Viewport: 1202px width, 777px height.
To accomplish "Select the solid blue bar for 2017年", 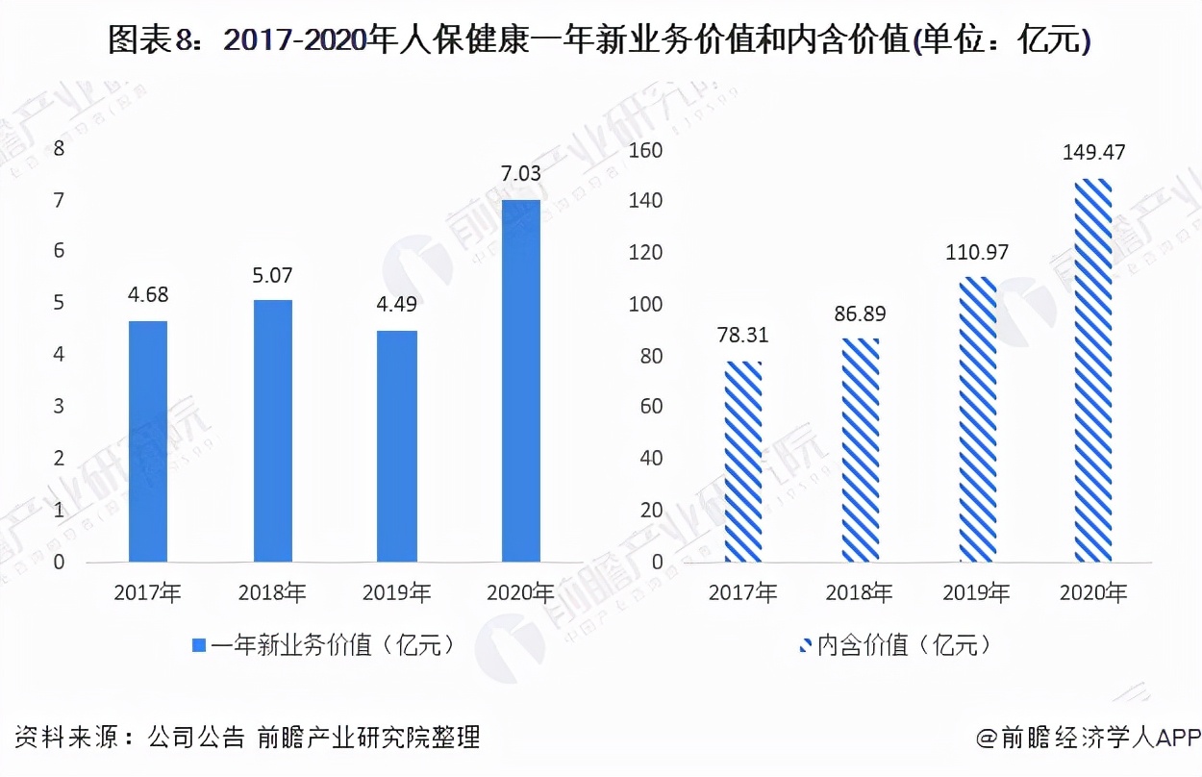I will pyautogui.click(x=147, y=441).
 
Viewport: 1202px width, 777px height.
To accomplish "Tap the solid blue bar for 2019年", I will pyautogui.click(x=396, y=446).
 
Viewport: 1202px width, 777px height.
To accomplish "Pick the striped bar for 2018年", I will pyautogui.click(x=861, y=450).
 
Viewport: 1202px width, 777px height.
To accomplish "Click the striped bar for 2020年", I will pyautogui.click(x=1092, y=370).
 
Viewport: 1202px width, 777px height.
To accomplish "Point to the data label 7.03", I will pyautogui.click(x=521, y=174).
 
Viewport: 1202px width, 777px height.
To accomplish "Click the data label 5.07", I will pyautogui.click(x=272, y=275).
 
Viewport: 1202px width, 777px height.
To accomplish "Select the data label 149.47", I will pyautogui.click(x=1092, y=153).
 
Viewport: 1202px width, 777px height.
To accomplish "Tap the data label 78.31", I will pyautogui.click(x=744, y=337).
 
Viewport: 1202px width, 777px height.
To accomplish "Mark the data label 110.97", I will pyautogui.click(x=977, y=253).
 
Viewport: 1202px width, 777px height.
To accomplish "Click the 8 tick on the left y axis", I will pyautogui.click(x=59, y=149).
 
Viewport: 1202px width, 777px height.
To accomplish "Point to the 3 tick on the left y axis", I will pyautogui.click(x=59, y=407).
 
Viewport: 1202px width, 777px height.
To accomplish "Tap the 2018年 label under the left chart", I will pyautogui.click(x=272, y=593).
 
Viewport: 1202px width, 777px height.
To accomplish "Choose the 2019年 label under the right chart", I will pyautogui.click(x=977, y=593).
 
